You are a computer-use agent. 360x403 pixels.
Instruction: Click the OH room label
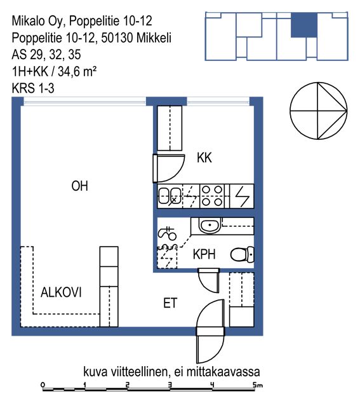click(x=79, y=186)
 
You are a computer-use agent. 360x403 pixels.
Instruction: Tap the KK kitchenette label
click(x=204, y=158)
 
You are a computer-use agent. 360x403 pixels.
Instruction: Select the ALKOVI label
click(x=61, y=292)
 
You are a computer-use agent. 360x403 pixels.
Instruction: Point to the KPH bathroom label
click(x=204, y=254)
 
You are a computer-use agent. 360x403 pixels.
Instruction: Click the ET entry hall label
click(x=170, y=303)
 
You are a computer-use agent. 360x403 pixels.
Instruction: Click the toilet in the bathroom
click(x=242, y=254)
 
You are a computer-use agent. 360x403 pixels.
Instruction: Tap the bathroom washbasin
click(x=210, y=226)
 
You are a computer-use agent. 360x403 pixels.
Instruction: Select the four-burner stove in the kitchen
click(x=212, y=196)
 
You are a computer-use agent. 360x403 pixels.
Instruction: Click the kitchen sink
click(x=170, y=196)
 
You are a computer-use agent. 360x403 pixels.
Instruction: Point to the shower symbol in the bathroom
click(x=168, y=233)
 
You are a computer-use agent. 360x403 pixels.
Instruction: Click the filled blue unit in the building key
click(x=303, y=25)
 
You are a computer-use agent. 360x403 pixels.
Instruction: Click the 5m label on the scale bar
click(x=258, y=385)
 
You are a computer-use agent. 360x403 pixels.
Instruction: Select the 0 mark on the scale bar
click(x=43, y=385)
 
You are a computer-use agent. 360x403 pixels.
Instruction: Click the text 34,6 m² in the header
click(x=77, y=71)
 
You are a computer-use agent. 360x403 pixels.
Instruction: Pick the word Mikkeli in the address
click(x=154, y=38)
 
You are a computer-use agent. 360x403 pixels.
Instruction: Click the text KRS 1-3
click(x=33, y=88)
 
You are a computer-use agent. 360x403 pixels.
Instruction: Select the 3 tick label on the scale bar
click(x=170, y=385)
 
